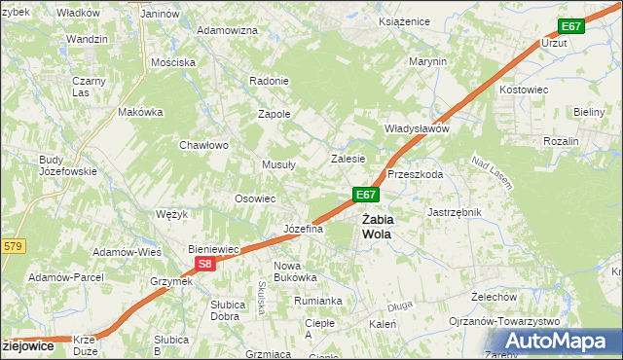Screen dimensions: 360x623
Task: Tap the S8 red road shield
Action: coord(202,263)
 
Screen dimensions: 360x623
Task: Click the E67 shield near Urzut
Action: coord(570,26)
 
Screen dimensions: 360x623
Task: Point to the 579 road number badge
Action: coord(11,246)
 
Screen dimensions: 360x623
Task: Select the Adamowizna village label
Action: coord(227,30)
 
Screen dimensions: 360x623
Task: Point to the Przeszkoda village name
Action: coord(416,174)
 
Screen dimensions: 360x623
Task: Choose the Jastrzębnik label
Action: coord(456,211)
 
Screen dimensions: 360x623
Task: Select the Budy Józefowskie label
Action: coord(67,165)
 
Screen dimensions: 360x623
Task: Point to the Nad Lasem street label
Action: coord(492,171)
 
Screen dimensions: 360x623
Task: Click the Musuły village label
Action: coord(277,164)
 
